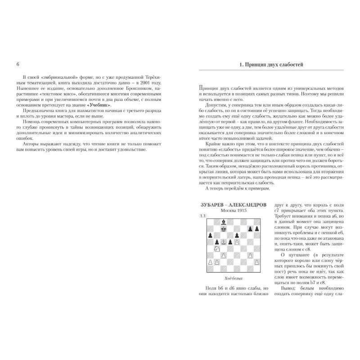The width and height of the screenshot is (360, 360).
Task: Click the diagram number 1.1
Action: [x=203, y=218]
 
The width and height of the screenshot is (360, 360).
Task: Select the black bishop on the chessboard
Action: [x=223, y=222]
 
